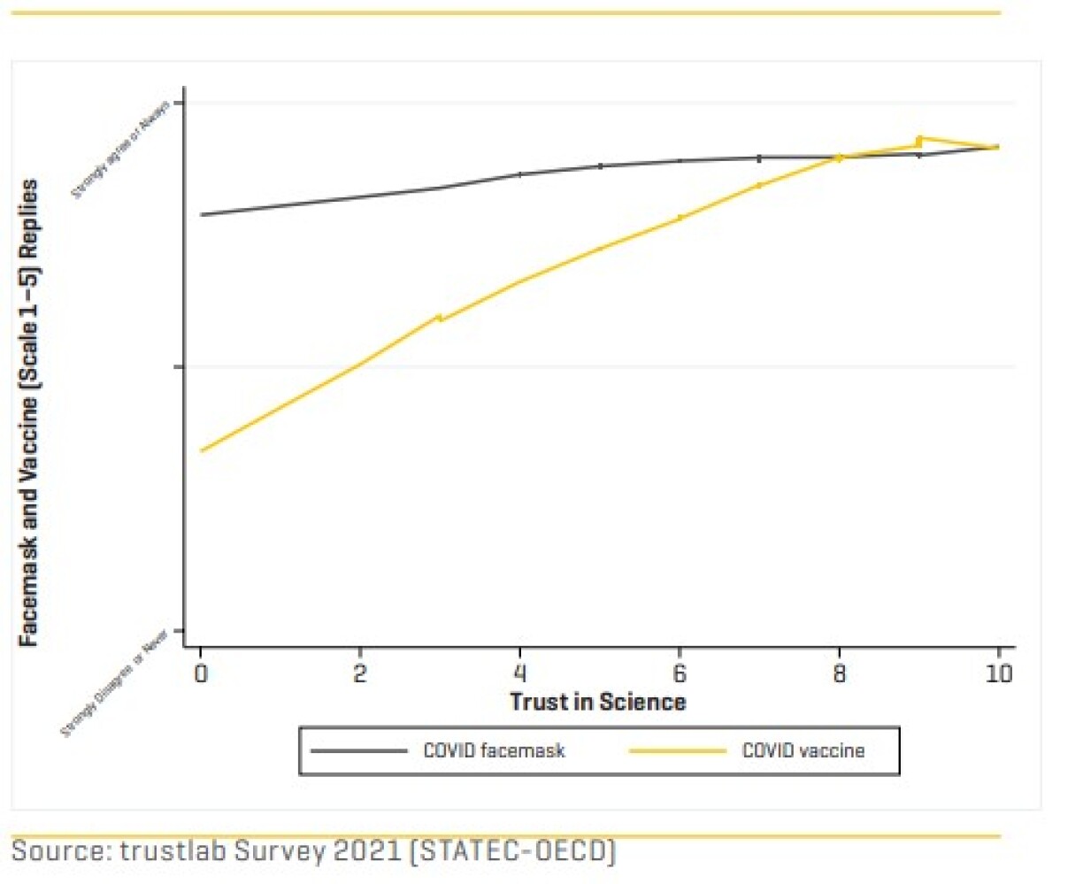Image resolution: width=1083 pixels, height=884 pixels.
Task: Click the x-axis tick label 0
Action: pos(201,674)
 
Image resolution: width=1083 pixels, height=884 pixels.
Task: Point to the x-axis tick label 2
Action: pos(360,674)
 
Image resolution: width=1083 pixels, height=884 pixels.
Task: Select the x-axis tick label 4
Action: pos(520,674)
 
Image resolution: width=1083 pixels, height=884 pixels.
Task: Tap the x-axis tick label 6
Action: pos(680,674)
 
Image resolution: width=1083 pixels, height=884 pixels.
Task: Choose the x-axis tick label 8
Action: pos(839,674)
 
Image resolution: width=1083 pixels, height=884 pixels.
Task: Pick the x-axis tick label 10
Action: pos(999,674)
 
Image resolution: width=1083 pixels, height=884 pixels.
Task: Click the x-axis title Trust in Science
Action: pos(597,703)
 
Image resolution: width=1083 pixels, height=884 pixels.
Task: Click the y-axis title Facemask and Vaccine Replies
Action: pos(30,412)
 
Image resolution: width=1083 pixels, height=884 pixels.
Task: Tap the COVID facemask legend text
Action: pos(494,751)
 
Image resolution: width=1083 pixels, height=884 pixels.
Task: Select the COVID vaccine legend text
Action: pos(803,751)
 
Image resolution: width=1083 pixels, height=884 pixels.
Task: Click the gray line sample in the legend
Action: pos(358,751)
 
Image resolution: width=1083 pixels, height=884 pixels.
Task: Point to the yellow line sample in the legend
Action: pos(677,751)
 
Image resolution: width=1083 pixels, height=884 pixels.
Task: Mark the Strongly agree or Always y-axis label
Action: pos(120,150)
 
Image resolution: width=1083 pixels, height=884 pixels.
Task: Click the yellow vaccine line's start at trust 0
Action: pos(202,450)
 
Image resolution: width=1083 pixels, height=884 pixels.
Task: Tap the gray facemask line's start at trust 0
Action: pos(202,214)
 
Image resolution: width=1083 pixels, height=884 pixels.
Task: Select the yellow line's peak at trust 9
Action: pos(919,139)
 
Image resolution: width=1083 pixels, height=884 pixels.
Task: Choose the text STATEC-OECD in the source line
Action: pos(514,851)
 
